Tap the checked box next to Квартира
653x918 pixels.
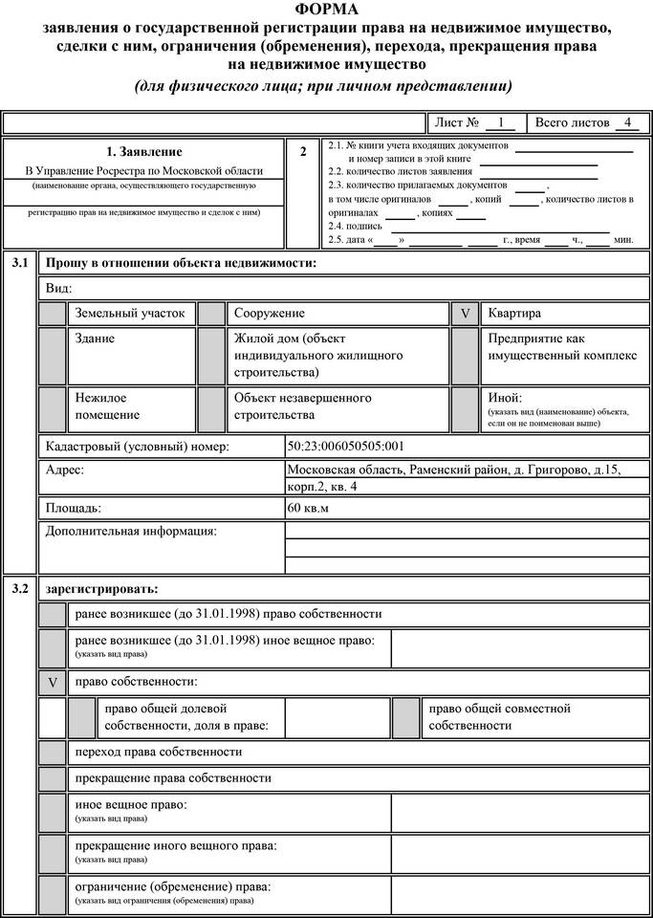click(466, 314)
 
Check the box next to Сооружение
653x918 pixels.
click(211, 314)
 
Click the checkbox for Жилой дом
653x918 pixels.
click(211, 355)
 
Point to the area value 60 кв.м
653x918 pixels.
click(308, 509)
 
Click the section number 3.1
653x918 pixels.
click(20, 262)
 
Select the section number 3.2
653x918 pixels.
click(20, 588)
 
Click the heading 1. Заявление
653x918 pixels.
click(144, 151)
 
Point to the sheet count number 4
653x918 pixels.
click(626, 122)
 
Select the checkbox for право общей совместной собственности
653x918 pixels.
click(406, 717)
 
